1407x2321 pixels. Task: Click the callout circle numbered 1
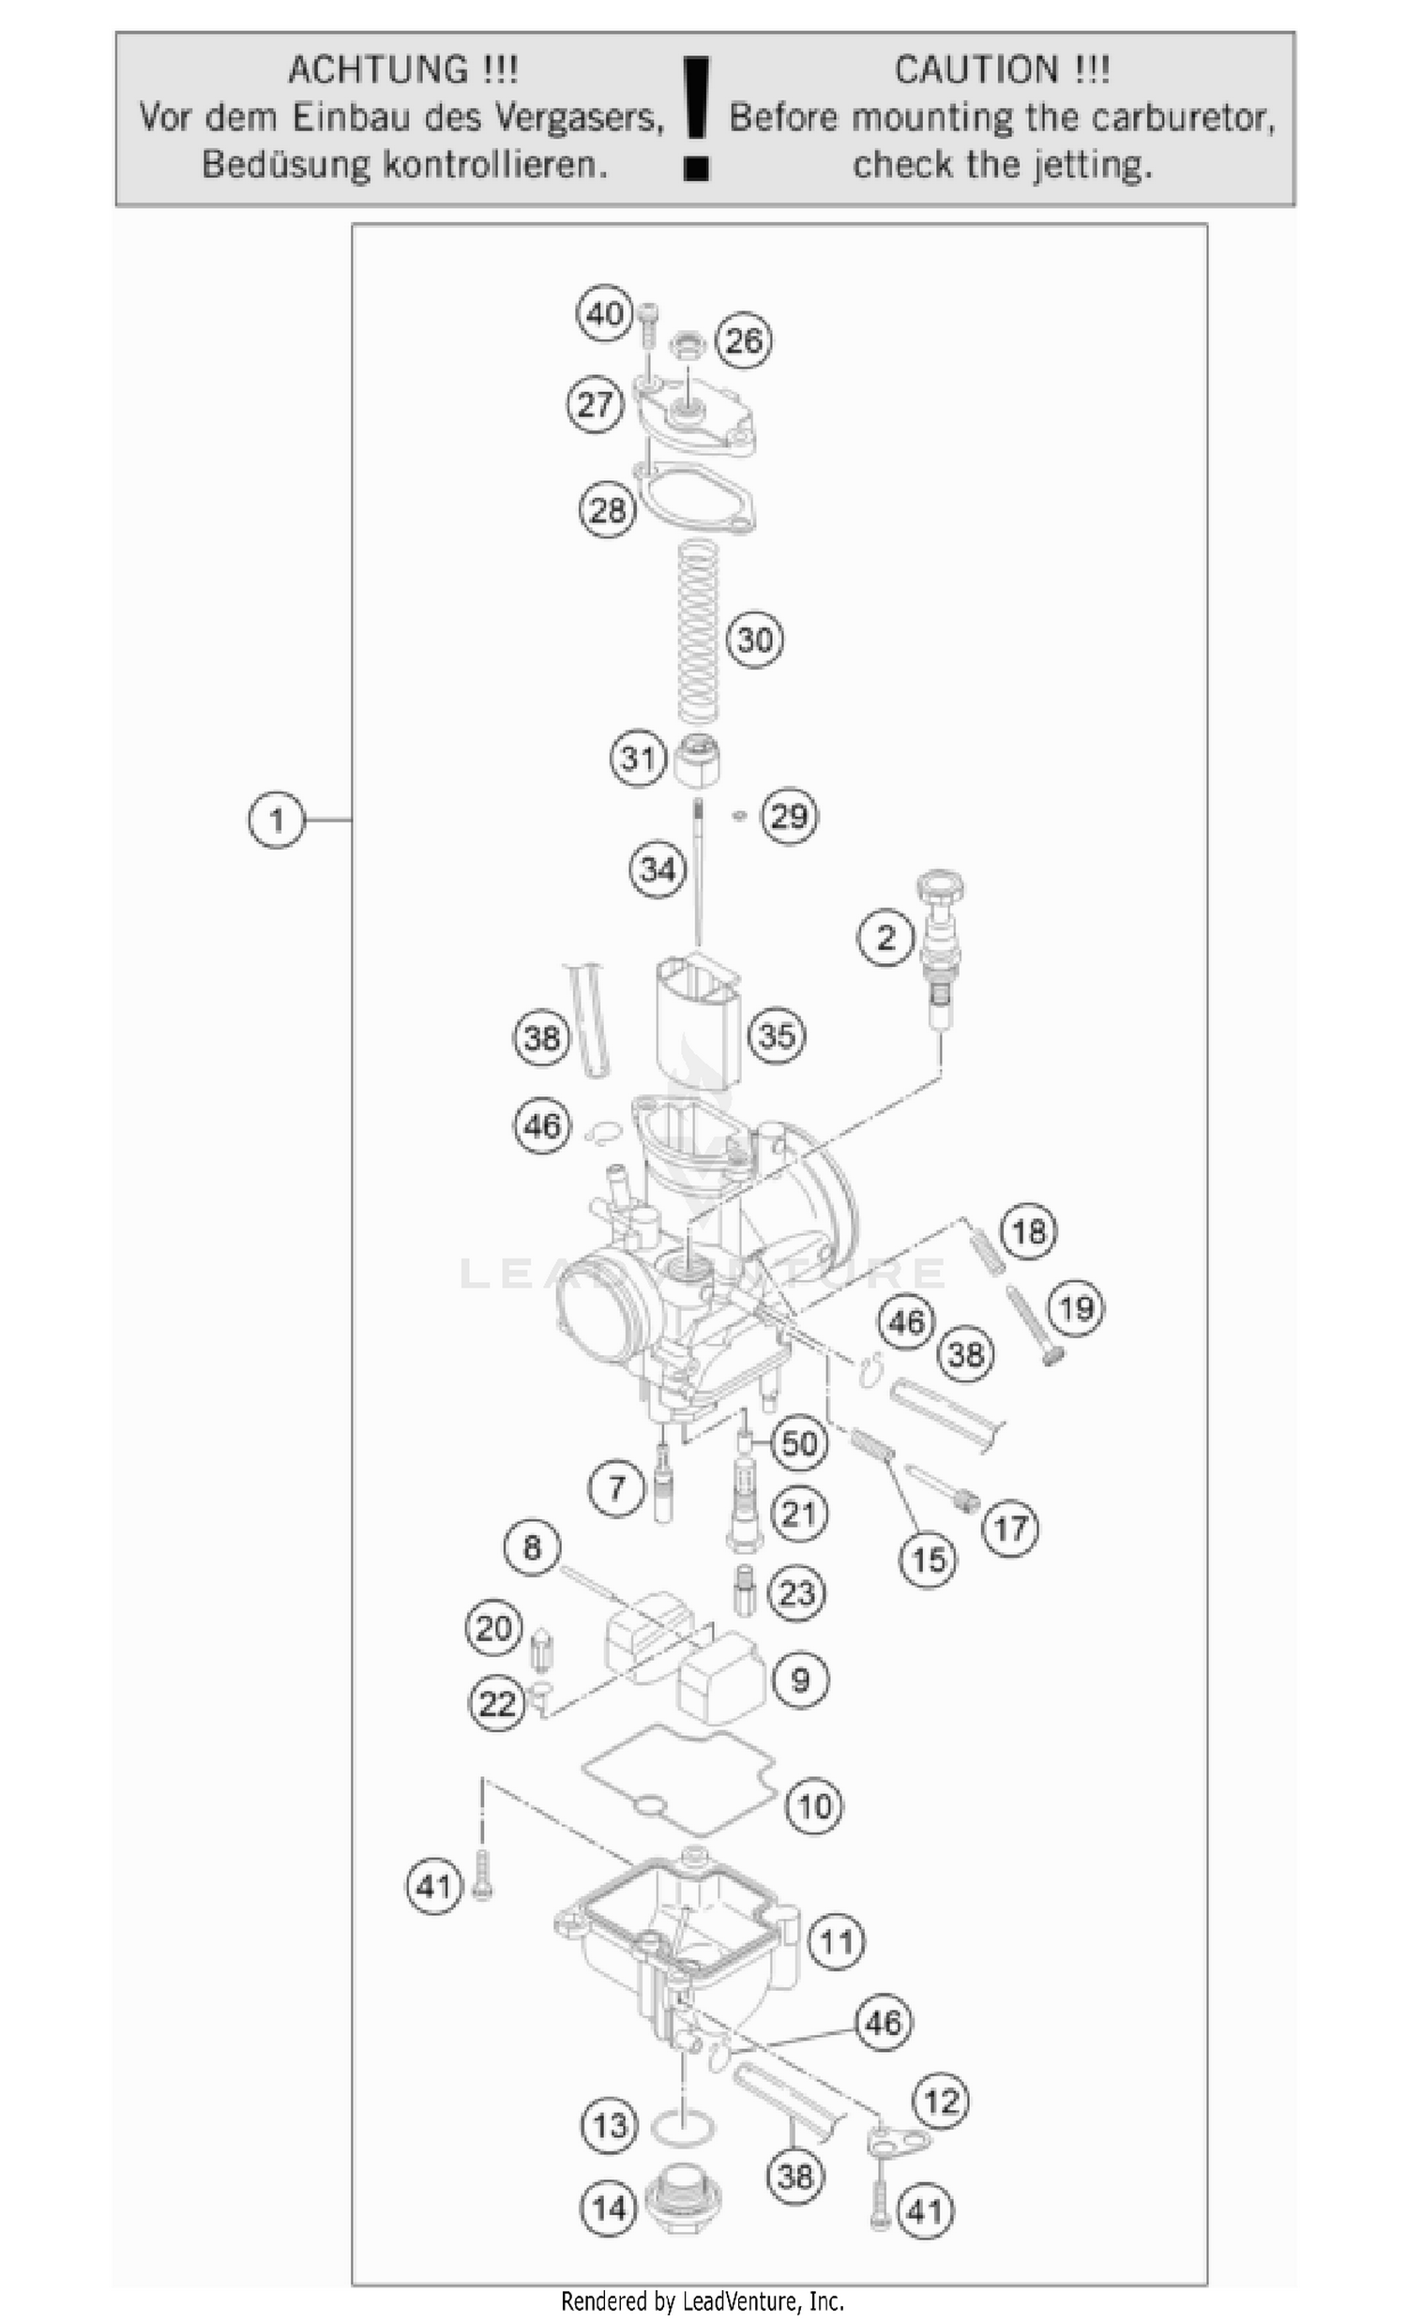pos(276,820)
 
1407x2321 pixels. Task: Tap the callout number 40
pos(604,312)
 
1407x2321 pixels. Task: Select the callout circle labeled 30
pos(755,640)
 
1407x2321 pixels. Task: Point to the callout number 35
pos(777,1035)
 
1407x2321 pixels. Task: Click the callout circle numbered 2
pos(885,937)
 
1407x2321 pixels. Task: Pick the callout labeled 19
pos(1076,1307)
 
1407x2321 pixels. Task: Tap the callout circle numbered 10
pos(814,1806)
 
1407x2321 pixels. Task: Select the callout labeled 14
pos(609,2208)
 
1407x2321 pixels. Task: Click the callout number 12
pos(942,2101)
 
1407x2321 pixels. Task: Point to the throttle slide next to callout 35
pos(697,1022)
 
